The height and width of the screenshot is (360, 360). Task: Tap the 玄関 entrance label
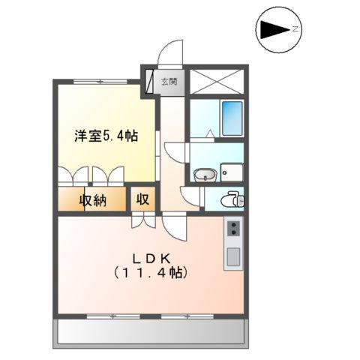coord(169,81)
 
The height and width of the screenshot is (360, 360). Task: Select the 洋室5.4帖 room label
coord(105,136)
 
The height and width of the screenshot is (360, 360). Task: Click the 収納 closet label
coord(93,200)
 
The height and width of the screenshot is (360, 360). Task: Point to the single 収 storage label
coord(142,200)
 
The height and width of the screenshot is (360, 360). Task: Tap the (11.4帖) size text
coord(150,272)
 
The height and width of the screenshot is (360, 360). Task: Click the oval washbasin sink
coord(204,176)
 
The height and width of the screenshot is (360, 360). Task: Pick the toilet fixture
coord(233,199)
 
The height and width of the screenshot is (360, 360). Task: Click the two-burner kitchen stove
coord(232,227)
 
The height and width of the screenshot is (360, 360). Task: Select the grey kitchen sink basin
coord(232,256)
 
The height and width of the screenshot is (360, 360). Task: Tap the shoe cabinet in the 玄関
coord(152,80)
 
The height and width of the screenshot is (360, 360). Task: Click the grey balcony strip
coord(150,331)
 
